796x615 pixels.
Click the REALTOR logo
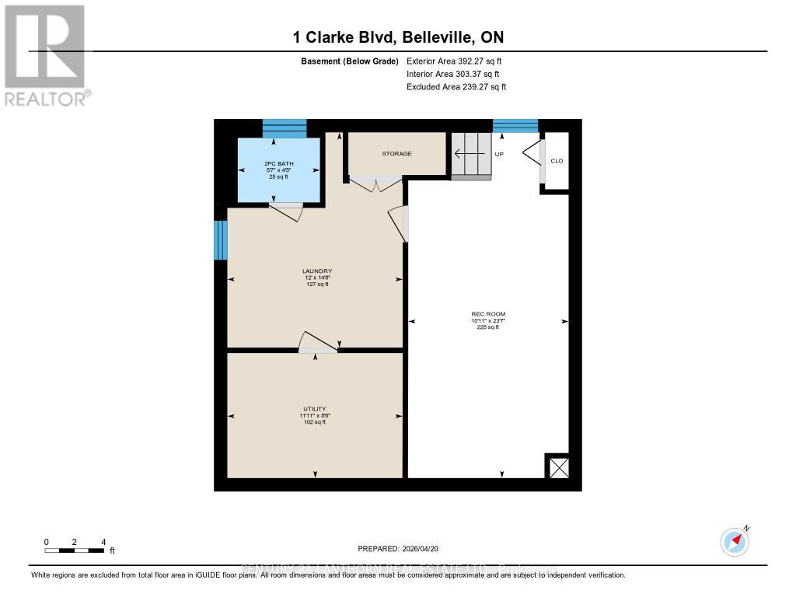click(45, 54)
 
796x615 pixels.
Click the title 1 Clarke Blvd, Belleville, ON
click(398, 37)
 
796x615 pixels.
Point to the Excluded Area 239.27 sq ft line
click(456, 87)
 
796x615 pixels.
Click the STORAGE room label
click(396, 154)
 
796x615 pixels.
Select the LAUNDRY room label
click(316, 278)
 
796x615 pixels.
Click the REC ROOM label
click(488, 320)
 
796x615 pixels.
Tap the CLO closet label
click(557, 161)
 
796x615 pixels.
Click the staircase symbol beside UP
click(472, 155)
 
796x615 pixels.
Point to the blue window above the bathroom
click(284, 128)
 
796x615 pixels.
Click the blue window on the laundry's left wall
click(221, 239)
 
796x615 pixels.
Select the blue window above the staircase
click(515, 125)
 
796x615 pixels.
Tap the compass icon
click(735, 540)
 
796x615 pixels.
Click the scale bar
click(75, 550)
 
